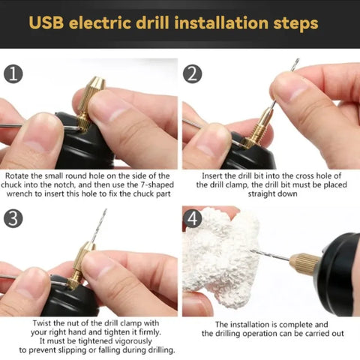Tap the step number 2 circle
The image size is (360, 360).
pyautogui.click(x=193, y=74)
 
